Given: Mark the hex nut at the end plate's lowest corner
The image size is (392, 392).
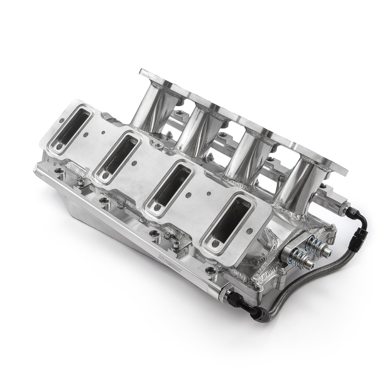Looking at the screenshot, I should (x=256, y=285).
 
